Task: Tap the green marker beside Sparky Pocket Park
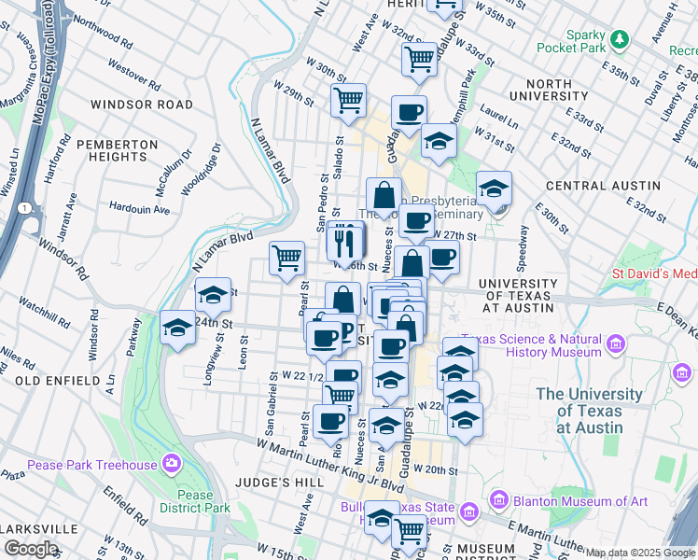[619, 38]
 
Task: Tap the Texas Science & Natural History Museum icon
[615, 345]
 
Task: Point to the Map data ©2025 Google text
[640, 553]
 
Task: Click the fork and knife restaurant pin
[346, 243]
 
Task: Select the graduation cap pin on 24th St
[177, 328]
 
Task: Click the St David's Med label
[653, 273]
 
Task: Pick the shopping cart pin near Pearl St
[287, 258]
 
